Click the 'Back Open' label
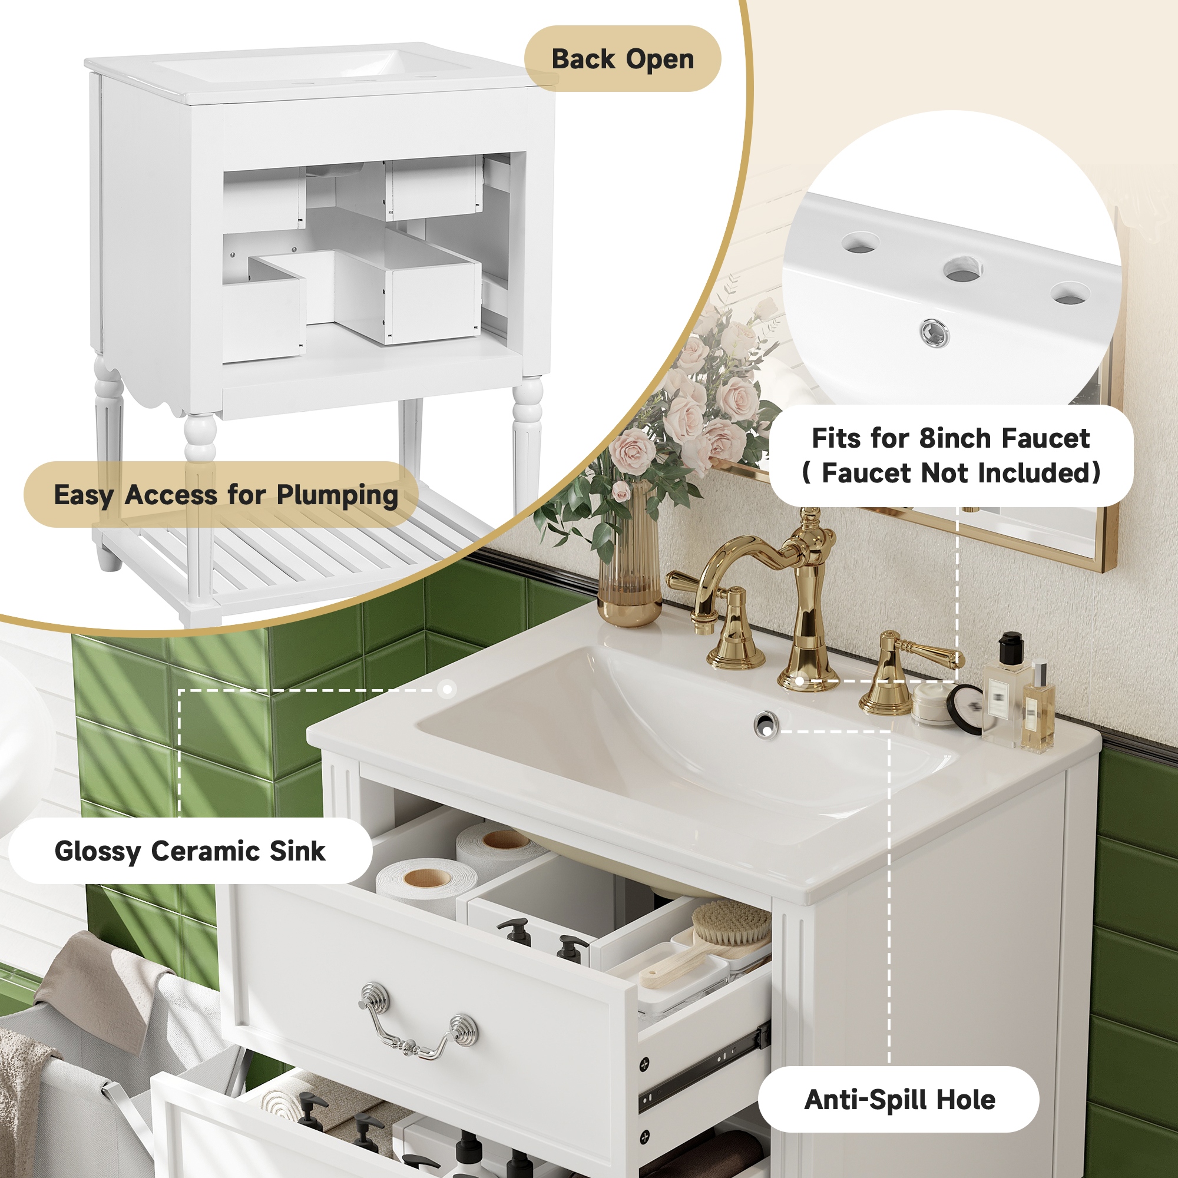coord(623,59)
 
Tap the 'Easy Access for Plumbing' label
coord(226,495)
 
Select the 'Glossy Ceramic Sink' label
coord(190,851)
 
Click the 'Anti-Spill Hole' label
coord(899,1099)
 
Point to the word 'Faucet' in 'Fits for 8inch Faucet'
coord(1045,438)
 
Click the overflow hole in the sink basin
coord(766,724)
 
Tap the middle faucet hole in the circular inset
coord(963,269)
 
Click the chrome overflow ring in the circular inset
coord(934,332)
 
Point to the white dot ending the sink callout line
coord(447,690)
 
